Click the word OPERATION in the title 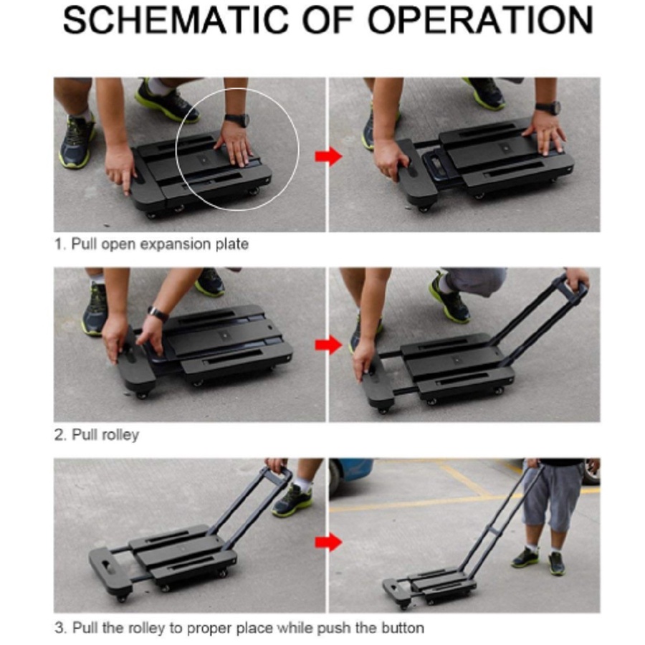click(480, 20)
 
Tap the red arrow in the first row click(328, 157)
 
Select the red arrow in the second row click(328, 345)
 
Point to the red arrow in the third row click(328, 543)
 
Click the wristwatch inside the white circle click(237, 120)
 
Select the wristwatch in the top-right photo click(548, 107)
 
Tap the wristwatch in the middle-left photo click(158, 315)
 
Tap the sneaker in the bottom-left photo click(292, 501)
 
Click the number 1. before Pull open click(60, 244)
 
